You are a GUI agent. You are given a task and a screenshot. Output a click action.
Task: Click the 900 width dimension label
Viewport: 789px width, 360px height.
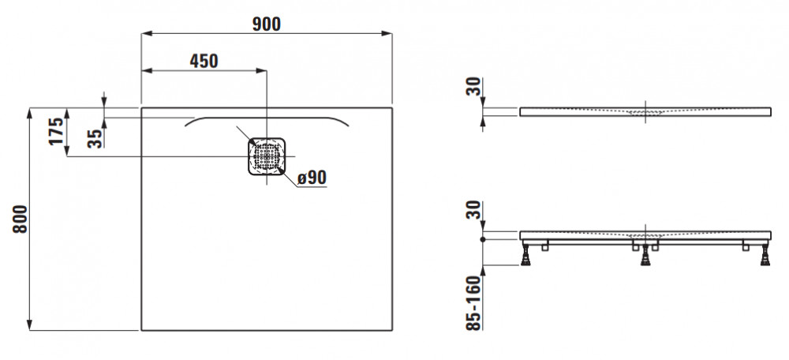pyautogui.click(x=266, y=24)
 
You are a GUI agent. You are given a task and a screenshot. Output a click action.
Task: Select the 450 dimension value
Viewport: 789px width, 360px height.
pyautogui.click(x=204, y=61)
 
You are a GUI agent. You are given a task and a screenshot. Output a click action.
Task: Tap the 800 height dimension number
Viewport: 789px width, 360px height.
pyautogui.click(x=21, y=219)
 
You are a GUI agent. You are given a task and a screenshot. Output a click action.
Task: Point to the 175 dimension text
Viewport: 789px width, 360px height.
pyautogui.click(x=57, y=131)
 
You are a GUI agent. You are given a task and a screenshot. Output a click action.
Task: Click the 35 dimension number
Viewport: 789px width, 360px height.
pyautogui.click(x=95, y=138)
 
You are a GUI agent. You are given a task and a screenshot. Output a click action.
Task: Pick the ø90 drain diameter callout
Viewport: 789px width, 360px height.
pyautogui.click(x=312, y=177)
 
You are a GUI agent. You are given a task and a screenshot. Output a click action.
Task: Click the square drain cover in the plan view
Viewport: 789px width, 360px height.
pyautogui.click(x=267, y=156)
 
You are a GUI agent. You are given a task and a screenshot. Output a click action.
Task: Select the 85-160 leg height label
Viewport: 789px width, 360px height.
pyautogui.click(x=474, y=302)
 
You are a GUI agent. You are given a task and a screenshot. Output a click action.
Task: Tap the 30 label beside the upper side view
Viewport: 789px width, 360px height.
pyautogui.click(x=474, y=87)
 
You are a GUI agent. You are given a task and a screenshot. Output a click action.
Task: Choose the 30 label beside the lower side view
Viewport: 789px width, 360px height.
pyautogui.click(x=474, y=210)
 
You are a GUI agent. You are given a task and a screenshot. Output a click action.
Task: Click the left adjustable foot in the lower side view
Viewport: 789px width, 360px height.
pyautogui.click(x=525, y=253)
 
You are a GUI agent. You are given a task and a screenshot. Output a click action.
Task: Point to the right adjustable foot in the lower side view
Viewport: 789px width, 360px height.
pyautogui.click(x=765, y=253)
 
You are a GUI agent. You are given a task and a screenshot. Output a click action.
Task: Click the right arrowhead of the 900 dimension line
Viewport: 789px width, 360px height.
pyautogui.click(x=387, y=34)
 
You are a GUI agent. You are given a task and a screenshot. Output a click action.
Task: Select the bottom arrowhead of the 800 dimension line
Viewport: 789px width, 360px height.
pyautogui.click(x=30, y=324)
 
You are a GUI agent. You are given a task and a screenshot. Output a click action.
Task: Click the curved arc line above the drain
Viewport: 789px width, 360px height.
pyautogui.click(x=267, y=118)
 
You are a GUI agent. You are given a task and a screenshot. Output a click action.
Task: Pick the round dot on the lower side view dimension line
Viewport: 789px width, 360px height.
pyautogui.click(x=483, y=240)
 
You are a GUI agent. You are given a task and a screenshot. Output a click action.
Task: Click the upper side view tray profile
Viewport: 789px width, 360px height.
pyautogui.click(x=645, y=111)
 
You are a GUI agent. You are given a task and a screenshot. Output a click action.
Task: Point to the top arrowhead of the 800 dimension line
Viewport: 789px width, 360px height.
pyautogui.click(x=30, y=113)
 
